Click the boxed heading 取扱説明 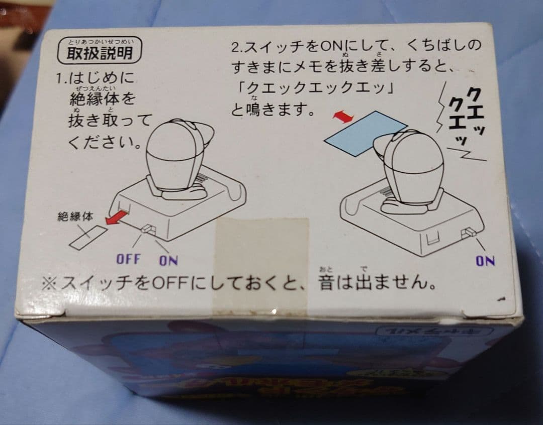(100, 53)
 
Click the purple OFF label (129, 259)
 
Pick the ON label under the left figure (168, 260)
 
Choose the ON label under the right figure (485, 260)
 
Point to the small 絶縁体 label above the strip (75, 217)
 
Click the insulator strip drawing (88, 236)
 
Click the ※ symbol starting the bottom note (49, 284)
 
